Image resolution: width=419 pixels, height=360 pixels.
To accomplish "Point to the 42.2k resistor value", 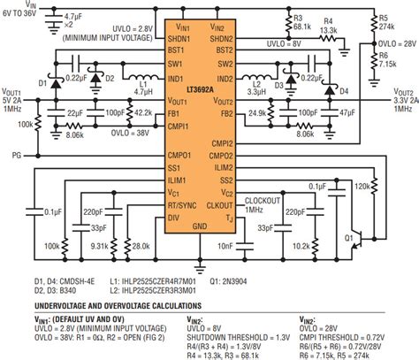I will pyautogui.click(x=140, y=113).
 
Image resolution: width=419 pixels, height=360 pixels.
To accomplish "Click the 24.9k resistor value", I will pyautogui.click(x=259, y=114).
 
